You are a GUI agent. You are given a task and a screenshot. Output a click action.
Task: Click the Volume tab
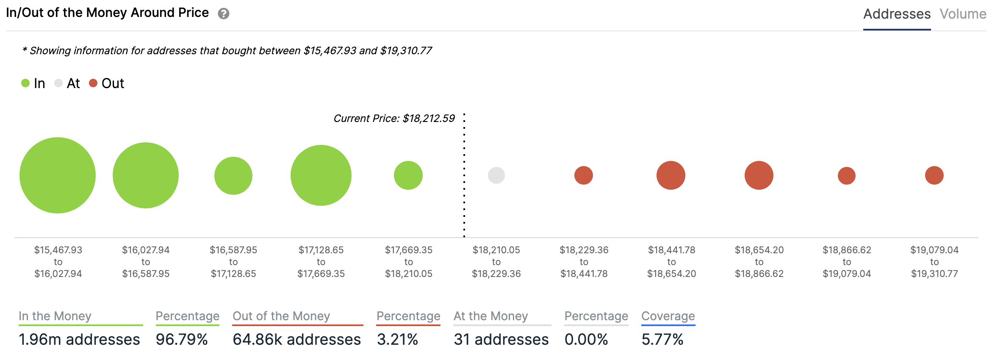[962, 14]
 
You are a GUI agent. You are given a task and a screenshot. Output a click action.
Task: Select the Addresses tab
[897, 14]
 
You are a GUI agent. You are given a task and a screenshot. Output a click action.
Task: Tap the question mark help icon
[224, 14]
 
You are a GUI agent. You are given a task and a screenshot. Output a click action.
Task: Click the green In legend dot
[25, 83]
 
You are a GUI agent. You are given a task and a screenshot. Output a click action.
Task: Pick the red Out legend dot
[93, 83]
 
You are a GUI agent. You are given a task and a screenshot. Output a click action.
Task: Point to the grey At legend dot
[58, 83]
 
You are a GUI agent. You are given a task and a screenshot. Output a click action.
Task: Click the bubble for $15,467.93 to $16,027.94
[58, 175]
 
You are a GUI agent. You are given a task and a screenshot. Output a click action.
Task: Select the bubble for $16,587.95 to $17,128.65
[233, 175]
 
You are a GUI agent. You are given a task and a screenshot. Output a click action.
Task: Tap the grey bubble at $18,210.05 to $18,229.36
[496, 175]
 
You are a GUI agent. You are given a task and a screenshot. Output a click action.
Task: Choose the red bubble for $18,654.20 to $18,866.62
[759, 175]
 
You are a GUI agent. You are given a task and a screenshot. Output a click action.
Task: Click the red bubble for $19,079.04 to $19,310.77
[934, 175]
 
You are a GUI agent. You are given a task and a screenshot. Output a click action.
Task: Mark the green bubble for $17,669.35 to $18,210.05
[408, 175]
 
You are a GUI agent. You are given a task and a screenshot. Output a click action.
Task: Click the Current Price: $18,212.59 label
[394, 118]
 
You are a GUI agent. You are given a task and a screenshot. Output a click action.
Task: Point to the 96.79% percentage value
[182, 339]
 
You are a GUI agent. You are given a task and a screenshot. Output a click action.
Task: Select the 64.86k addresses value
[296, 339]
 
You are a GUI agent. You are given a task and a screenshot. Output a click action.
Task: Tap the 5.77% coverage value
[662, 339]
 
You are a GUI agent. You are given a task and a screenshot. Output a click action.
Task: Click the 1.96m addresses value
[79, 339]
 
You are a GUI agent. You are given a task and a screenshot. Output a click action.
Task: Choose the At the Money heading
[490, 316]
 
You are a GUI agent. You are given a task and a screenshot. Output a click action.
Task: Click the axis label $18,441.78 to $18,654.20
[671, 262]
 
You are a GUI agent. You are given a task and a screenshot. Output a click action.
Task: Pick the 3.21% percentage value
[397, 339]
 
